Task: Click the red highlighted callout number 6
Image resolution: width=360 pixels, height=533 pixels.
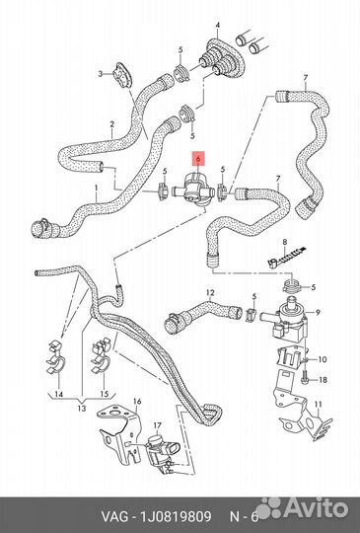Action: click(199, 156)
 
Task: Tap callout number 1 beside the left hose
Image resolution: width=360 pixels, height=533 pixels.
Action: click(95, 188)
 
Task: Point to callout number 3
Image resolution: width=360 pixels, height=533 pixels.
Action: click(99, 74)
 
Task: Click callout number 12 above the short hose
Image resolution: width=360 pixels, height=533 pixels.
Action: click(209, 293)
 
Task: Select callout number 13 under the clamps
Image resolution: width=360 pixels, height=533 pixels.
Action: click(82, 409)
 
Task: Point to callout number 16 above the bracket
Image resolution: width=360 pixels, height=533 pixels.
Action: click(137, 403)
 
